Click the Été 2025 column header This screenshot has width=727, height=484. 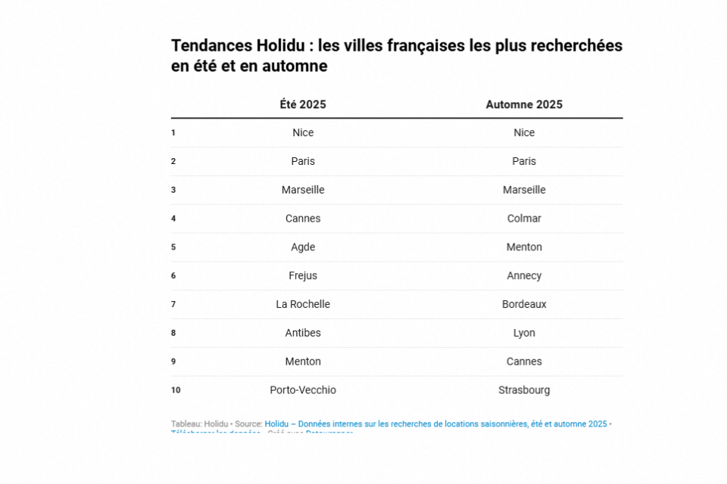click(x=303, y=104)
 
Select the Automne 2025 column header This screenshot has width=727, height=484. click(x=524, y=104)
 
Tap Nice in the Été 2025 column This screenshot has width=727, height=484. click(x=303, y=132)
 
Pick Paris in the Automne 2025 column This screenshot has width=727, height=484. click(x=524, y=161)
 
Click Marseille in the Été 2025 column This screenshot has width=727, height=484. click(x=303, y=190)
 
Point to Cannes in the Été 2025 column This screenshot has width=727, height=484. click(x=303, y=219)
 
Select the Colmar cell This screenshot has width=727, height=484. click(x=524, y=219)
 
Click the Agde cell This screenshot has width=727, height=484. click(x=303, y=247)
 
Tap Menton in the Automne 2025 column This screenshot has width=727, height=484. click(x=524, y=247)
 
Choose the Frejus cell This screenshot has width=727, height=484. click(x=303, y=276)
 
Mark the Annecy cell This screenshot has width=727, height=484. click(x=524, y=276)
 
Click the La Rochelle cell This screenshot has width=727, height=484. click(x=303, y=304)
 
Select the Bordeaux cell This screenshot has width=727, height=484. click(x=524, y=304)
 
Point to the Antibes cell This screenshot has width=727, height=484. click(x=303, y=333)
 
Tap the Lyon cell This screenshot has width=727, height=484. click(x=524, y=333)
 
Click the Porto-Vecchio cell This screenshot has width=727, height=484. click(x=303, y=390)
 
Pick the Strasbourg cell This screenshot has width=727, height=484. click(x=524, y=390)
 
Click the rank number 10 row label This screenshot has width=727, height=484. click(x=176, y=390)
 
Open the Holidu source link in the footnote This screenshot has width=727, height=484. click(x=435, y=424)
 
